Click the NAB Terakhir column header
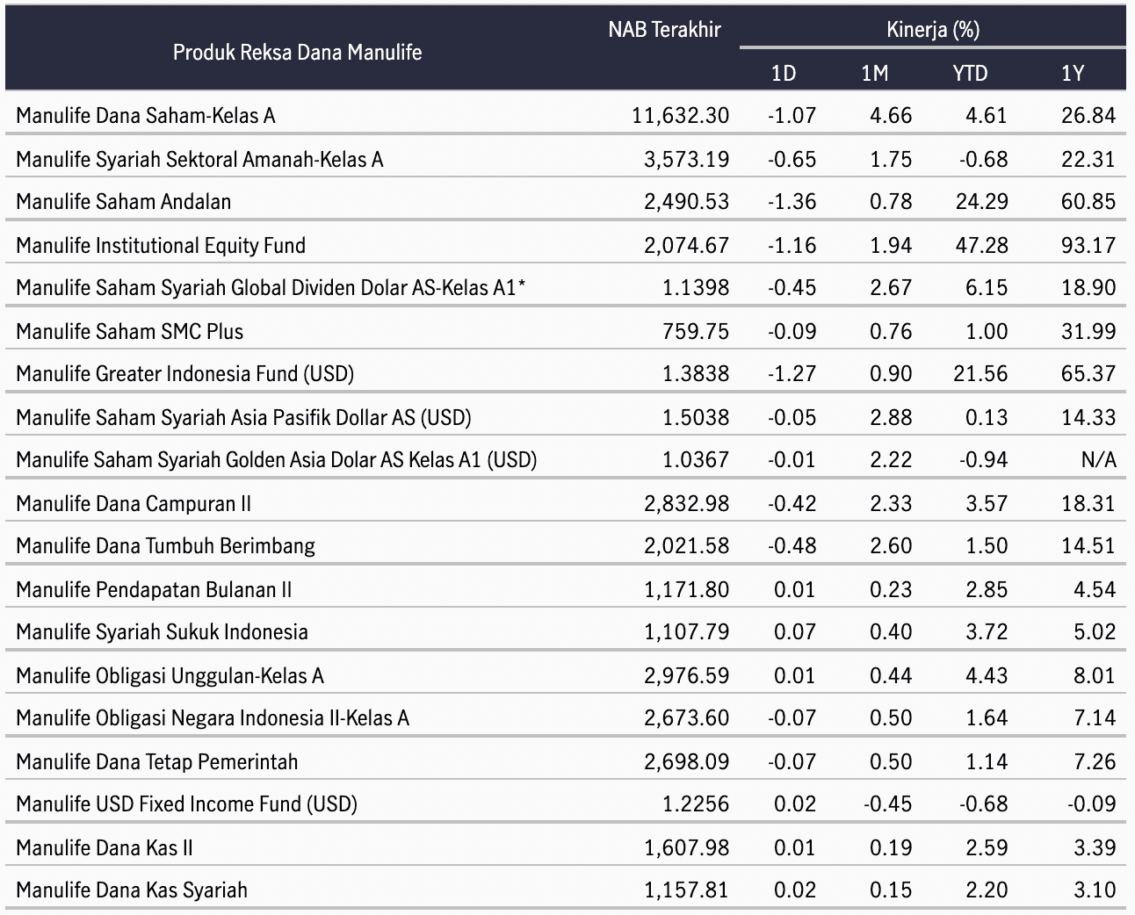[x=664, y=30]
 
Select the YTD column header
[x=970, y=73]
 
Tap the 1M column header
[x=874, y=73]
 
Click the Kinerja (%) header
[x=932, y=30]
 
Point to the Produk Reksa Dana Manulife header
[x=298, y=53]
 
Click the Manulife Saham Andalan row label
[x=123, y=201]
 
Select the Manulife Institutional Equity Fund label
[x=161, y=246]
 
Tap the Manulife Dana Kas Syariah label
[x=132, y=890]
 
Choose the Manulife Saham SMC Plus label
[x=130, y=332]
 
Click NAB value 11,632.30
[x=680, y=116]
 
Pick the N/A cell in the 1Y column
[x=1099, y=460]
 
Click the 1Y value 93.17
[x=1088, y=246]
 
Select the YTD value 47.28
[x=981, y=246]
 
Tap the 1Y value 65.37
[x=1088, y=374]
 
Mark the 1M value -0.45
[x=887, y=804]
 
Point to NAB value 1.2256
[x=696, y=804]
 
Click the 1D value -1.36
[x=792, y=201]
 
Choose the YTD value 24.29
[x=981, y=201]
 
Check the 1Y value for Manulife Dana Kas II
[x=1095, y=848]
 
